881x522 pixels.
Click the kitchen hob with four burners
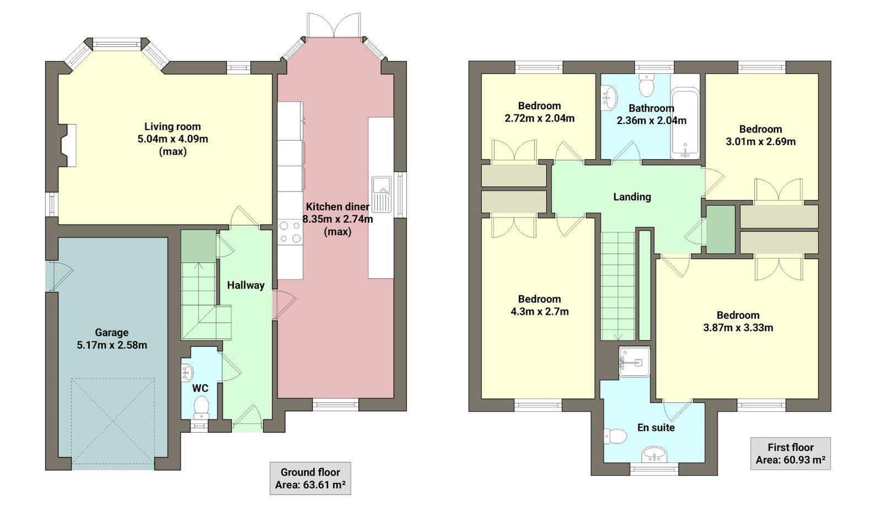[x=291, y=232]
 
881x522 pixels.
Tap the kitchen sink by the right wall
[x=381, y=194]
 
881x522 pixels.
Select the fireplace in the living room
[x=68, y=145]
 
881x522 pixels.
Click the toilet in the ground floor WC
[x=202, y=407]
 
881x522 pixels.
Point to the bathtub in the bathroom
[x=685, y=125]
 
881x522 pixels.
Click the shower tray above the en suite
[x=634, y=362]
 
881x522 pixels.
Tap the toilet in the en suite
[x=615, y=436]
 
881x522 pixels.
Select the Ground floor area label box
[x=310, y=478]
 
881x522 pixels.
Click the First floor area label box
[x=790, y=454]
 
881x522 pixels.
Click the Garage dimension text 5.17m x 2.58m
[x=112, y=345]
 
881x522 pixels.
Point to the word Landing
[x=632, y=197]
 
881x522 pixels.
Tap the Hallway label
[x=246, y=285]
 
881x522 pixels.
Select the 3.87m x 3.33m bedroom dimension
[x=738, y=328]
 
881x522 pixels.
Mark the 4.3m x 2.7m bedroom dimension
[x=539, y=312]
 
